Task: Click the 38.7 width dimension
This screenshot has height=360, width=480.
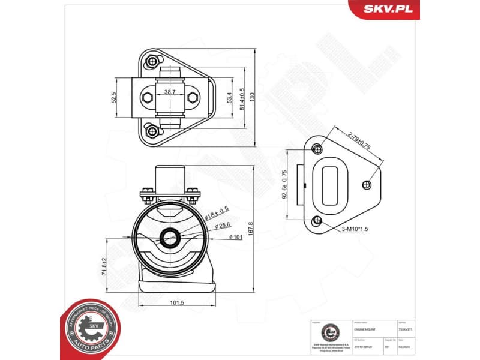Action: (170, 92)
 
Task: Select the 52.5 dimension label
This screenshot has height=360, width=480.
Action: (113, 98)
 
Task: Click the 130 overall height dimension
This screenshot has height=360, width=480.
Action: (254, 97)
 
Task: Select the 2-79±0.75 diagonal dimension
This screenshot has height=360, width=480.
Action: (360, 142)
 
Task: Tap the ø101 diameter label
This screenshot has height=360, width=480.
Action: (235, 237)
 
